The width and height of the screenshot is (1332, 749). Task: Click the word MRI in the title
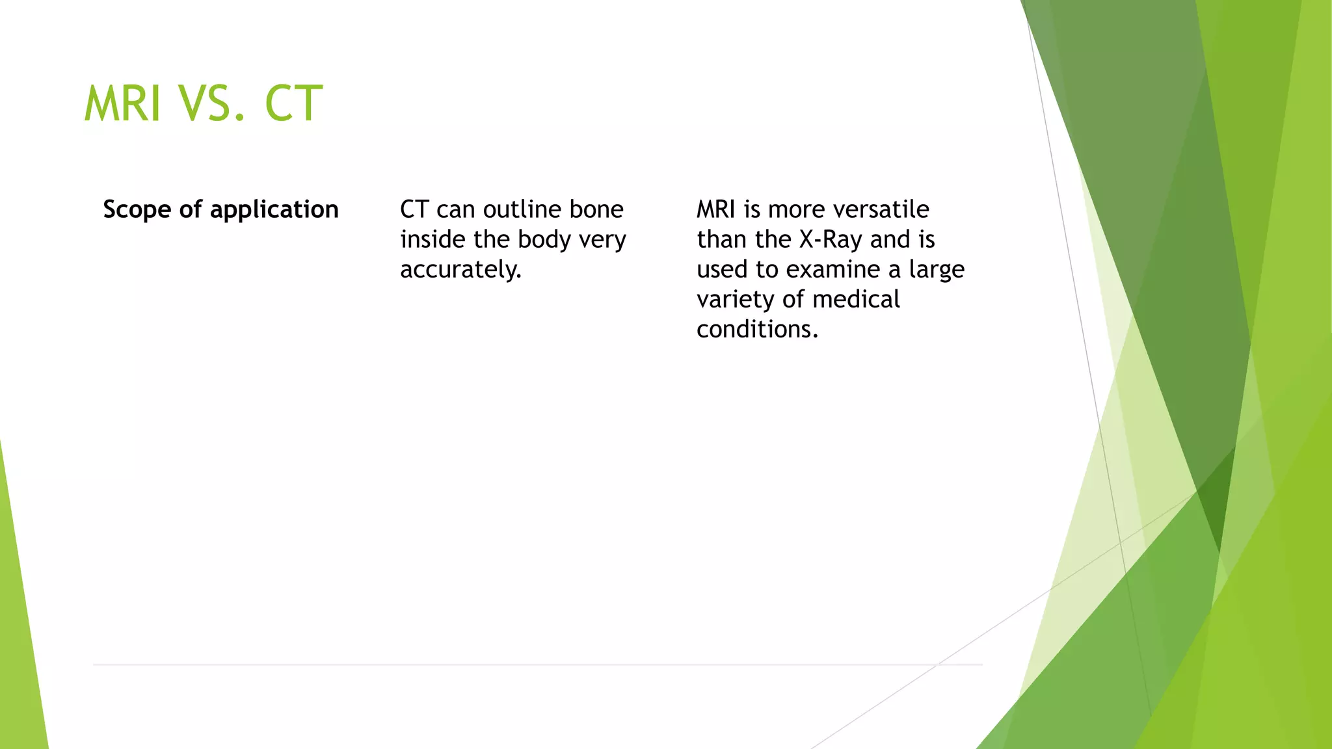coord(122,104)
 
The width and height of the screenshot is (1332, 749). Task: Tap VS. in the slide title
coord(213,104)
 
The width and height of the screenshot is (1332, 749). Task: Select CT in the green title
coord(293,104)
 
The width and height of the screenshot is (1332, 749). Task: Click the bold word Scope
coord(137,210)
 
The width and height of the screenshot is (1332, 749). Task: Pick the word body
coord(544,240)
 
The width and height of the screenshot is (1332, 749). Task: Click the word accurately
coord(460,269)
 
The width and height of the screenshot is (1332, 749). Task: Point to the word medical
coord(856,299)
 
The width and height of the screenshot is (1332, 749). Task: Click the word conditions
coord(757,329)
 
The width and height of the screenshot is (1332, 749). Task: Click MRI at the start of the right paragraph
coord(716,209)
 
